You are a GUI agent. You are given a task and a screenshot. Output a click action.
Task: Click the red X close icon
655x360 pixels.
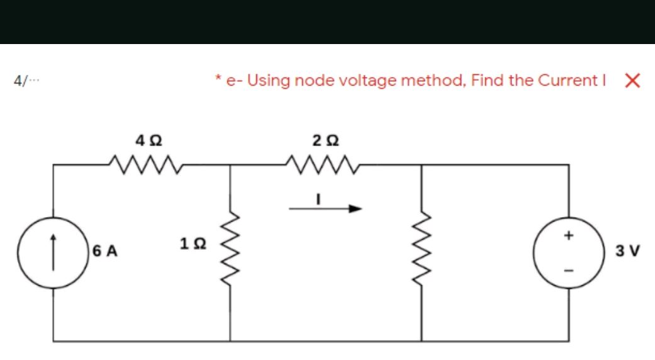point(632,81)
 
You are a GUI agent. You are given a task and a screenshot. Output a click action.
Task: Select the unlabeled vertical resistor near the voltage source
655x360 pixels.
point(421,249)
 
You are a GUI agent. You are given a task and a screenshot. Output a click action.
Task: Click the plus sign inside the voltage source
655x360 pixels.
point(569,236)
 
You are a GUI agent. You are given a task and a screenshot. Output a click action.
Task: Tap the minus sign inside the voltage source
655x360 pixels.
point(569,270)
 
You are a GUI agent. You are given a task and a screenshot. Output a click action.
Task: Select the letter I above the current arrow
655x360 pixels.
point(319,199)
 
